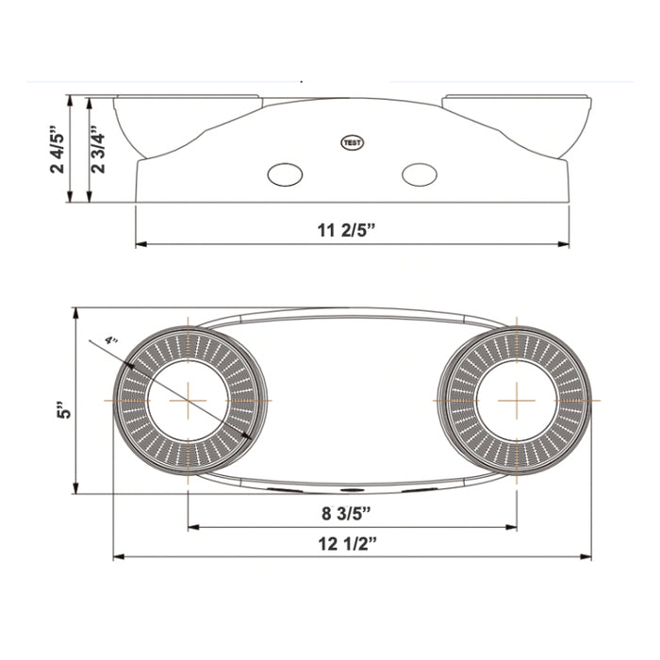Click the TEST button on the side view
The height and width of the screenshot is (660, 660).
[352, 142]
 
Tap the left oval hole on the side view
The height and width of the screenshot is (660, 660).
[284, 174]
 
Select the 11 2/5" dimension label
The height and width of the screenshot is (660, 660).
[352, 229]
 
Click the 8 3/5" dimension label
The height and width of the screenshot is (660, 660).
[352, 513]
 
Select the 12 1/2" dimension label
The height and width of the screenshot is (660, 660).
[352, 542]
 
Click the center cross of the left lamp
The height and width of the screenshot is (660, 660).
[189, 400]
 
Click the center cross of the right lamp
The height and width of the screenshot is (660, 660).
[517, 400]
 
